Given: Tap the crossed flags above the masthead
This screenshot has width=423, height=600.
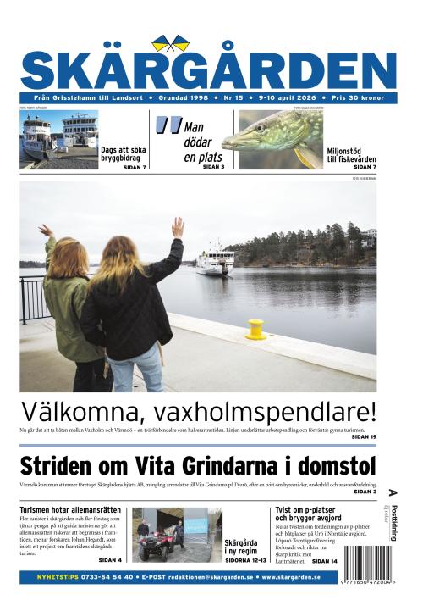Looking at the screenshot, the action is pyautogui.click(x=172, y=42).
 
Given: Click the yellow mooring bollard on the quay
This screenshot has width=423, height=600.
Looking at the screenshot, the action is pyautogui.click(x=256, y=329).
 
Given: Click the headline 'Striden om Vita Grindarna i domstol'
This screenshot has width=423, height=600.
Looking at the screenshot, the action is pyautogui.click(x=197, y=466).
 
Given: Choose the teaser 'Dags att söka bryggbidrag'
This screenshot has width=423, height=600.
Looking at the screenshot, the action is pyautogui.click(x=124, y=154).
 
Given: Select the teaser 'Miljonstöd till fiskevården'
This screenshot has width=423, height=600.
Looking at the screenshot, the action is pyautogui.click(x=351, y=156).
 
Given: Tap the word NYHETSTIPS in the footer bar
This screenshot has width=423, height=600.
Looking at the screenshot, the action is pyautogui.click(x=62, y=577).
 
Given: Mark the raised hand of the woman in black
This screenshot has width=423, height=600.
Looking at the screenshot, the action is pyautogui.click(x=178, y=226).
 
